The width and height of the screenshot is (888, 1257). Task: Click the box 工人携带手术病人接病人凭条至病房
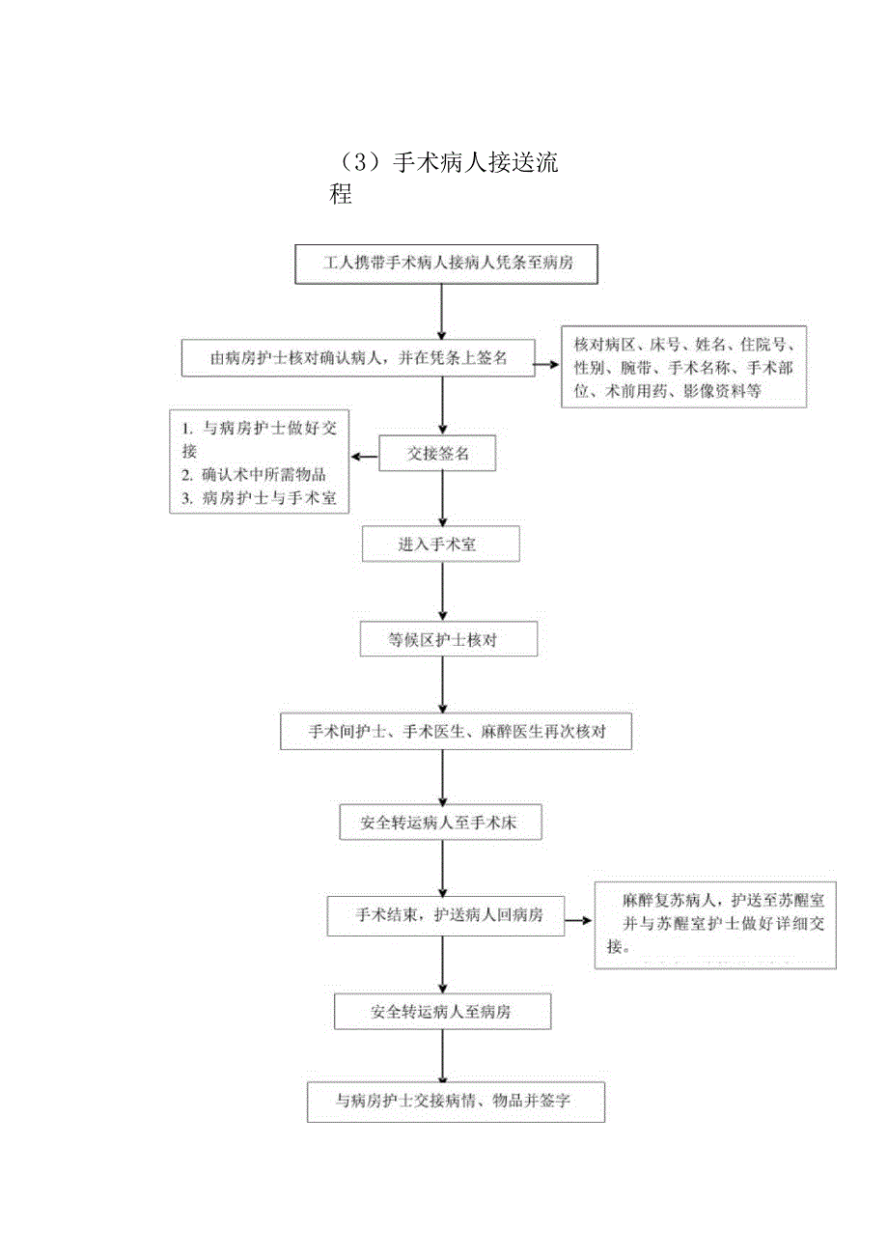point(446,263)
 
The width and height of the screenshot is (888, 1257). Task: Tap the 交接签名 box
point(437,453)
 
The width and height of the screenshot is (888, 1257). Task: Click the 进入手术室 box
point(440,544)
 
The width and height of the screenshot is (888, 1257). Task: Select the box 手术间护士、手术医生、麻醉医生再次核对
point(457,732)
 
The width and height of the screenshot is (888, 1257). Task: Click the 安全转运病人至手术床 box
point(442,823)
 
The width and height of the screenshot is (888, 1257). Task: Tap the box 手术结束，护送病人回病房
point(448,915)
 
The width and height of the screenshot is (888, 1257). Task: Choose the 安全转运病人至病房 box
point(442,1012)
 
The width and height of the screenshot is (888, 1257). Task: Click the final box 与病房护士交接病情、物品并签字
point(456,1101)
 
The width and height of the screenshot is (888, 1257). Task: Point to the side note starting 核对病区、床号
point(683,368)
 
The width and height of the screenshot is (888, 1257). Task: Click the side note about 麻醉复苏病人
point(715,924)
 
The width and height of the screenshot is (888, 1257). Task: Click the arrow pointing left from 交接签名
point(364,457)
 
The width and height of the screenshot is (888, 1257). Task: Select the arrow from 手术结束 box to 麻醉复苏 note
point(578,920)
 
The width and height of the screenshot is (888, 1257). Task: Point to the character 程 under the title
point(341,194)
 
